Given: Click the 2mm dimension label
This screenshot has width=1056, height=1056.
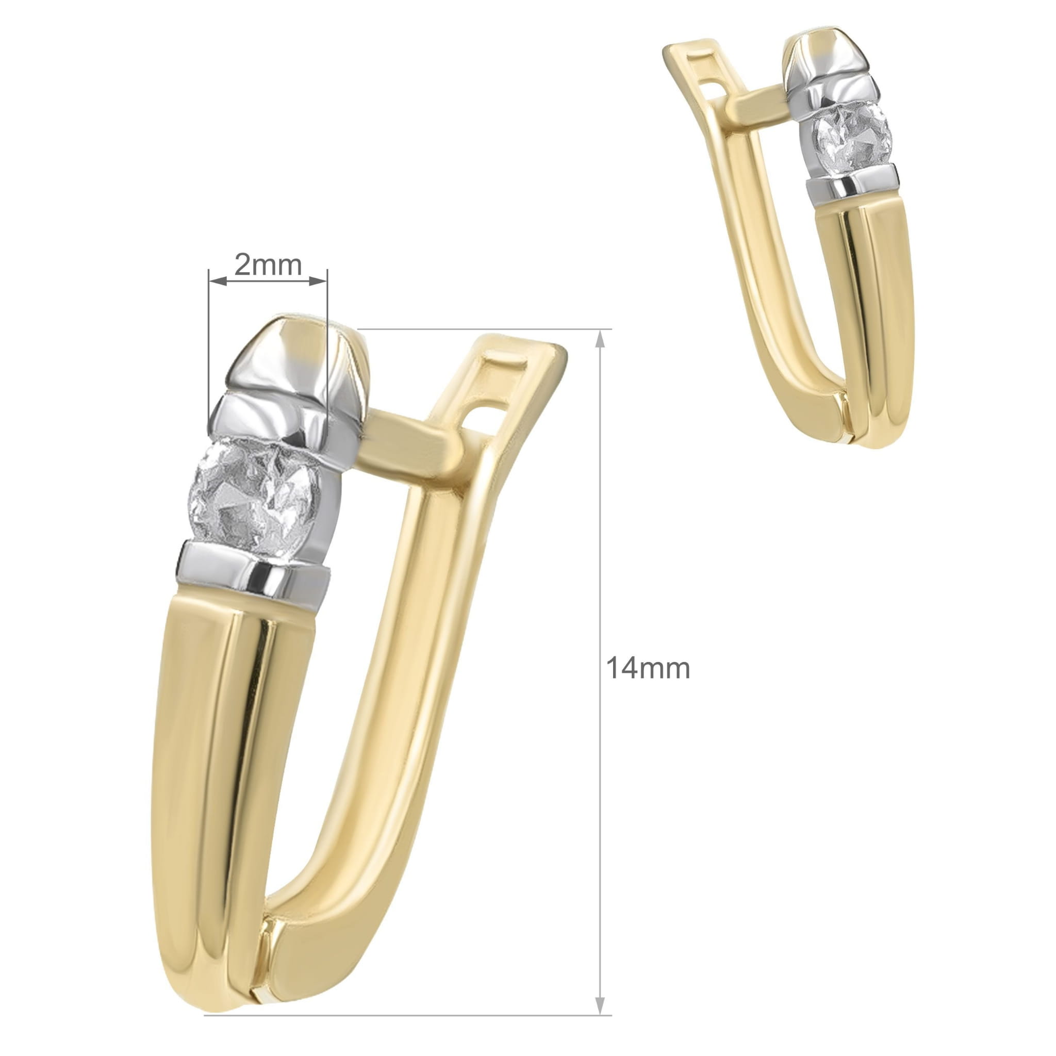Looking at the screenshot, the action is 268,265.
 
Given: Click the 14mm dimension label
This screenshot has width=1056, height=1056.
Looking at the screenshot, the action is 648,668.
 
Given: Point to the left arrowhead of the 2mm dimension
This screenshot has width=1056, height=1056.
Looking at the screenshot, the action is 218,281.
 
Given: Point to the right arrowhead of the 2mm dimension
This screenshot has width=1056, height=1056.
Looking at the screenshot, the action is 318,281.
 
